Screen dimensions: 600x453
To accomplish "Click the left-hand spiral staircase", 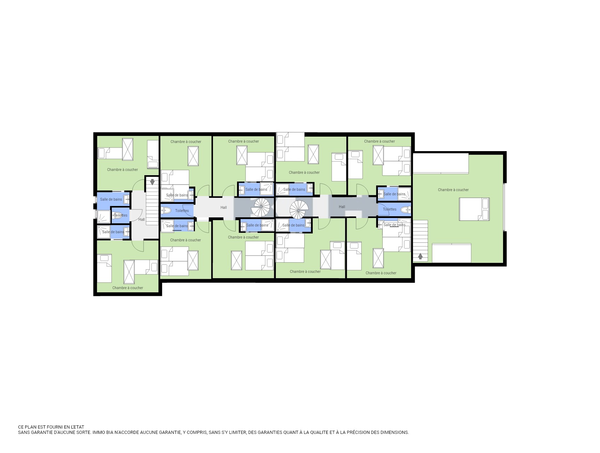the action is click(260, 207).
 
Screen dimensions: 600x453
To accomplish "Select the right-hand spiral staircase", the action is click(299, 210).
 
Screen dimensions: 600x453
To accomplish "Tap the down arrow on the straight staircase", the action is click(152, 182).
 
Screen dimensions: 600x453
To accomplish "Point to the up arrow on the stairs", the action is click(420, 256).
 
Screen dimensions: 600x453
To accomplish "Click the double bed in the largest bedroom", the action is click(474, 209).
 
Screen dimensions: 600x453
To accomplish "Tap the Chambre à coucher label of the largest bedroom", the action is click(453, 190).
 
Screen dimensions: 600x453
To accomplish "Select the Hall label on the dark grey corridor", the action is click(342, 207).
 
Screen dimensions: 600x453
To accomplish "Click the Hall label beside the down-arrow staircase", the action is click(142, 220).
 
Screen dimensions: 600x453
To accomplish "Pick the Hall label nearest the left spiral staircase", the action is click(224, 208).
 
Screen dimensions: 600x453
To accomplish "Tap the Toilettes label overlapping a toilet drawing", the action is click(121, 216).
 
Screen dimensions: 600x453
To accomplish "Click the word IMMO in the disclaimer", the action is click(98, 432).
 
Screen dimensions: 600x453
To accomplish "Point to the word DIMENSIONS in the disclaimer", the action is click(394, 432).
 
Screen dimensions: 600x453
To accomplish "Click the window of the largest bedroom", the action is click(504, 207).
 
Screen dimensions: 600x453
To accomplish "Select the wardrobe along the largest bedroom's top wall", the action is click(441, 163).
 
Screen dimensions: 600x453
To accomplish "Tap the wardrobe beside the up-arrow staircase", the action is click(451, 253).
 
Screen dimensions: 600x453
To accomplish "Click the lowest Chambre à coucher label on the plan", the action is click(128, 288).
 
